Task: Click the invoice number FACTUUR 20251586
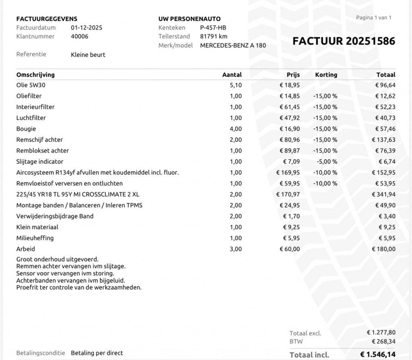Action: (344, 41)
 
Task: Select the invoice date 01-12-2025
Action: (87, 28)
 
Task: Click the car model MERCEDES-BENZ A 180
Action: (233, 45)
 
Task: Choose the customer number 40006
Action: (80, 36)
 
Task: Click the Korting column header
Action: (326, 74)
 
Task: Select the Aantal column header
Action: (232, 74)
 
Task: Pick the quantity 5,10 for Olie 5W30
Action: (236, 85)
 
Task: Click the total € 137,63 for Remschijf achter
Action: (385, 140)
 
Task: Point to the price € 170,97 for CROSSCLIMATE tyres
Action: (288, 194)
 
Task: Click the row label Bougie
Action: (26, 129)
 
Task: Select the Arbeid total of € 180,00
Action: (384, 249)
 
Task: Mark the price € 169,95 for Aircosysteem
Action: (288, 172)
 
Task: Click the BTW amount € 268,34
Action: (384, 341)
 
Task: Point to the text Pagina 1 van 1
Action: (374, 18)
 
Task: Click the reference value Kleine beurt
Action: (88, 54)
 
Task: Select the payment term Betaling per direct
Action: (97, 353)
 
